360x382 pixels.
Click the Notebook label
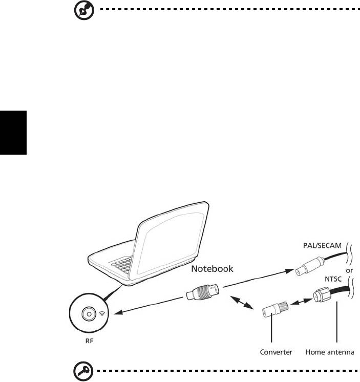click(x=212, y=269)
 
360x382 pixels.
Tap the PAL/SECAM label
click(x=322, y=246)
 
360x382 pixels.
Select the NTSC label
click(x=333, y=279)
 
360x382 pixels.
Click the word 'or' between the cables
click(x=349, y=270)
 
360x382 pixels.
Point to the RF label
click(x=90, y=341)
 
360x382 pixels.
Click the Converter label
click(x=276, y=352)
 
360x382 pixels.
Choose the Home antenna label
click(x=330, y=352)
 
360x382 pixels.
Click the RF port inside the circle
click(x=89, y=314)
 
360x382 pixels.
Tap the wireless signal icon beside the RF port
click(x=102, y=314)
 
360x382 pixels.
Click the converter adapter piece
click(x=275, y=309)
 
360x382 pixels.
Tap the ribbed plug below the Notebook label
click(x=203, y=292)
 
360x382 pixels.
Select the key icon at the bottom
click(x=83, y=371)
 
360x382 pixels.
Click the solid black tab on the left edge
click(x=13, y=133)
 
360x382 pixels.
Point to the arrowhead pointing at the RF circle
click(x=118, y=312)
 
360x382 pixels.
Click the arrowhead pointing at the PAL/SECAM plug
click(x=290, y=271)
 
